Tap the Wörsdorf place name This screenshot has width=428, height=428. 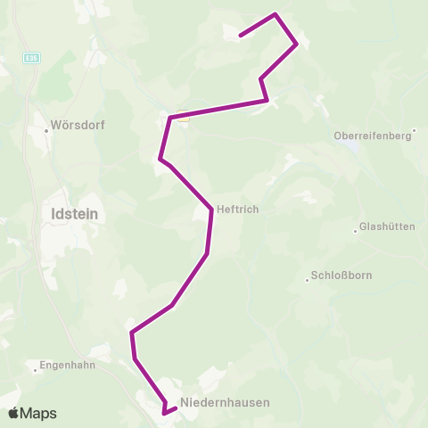pos(78,126)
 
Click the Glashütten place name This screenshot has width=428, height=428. pos(387,227)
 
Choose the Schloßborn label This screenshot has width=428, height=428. pos(338,276)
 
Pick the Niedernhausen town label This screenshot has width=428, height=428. pos(225,402)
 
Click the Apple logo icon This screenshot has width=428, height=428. pos(14,413)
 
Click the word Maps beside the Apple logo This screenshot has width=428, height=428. pos(38,413)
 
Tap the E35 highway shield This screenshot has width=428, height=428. pos(30,57)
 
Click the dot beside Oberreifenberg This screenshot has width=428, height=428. pos(415,130)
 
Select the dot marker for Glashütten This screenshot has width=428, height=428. pos(355,227)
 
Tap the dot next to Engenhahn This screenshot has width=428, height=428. pos(33,366)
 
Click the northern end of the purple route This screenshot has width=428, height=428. pos(240,37)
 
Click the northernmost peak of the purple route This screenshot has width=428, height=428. pos(276,14)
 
